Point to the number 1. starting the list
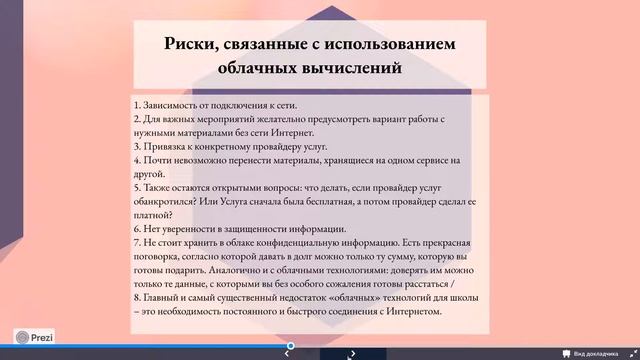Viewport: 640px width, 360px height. (136, 105)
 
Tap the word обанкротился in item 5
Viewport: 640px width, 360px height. (164, 201)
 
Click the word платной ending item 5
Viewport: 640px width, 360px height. (152, 215)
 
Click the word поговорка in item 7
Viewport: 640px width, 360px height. (158, 257)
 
